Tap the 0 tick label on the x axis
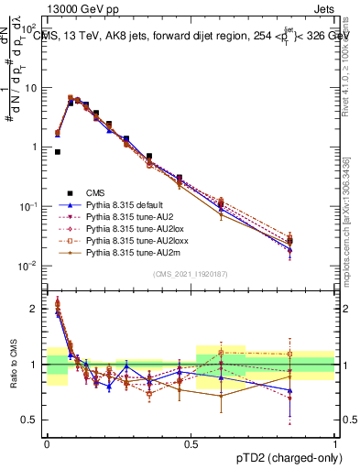pos(47,444)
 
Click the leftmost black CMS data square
pos(58,152)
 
